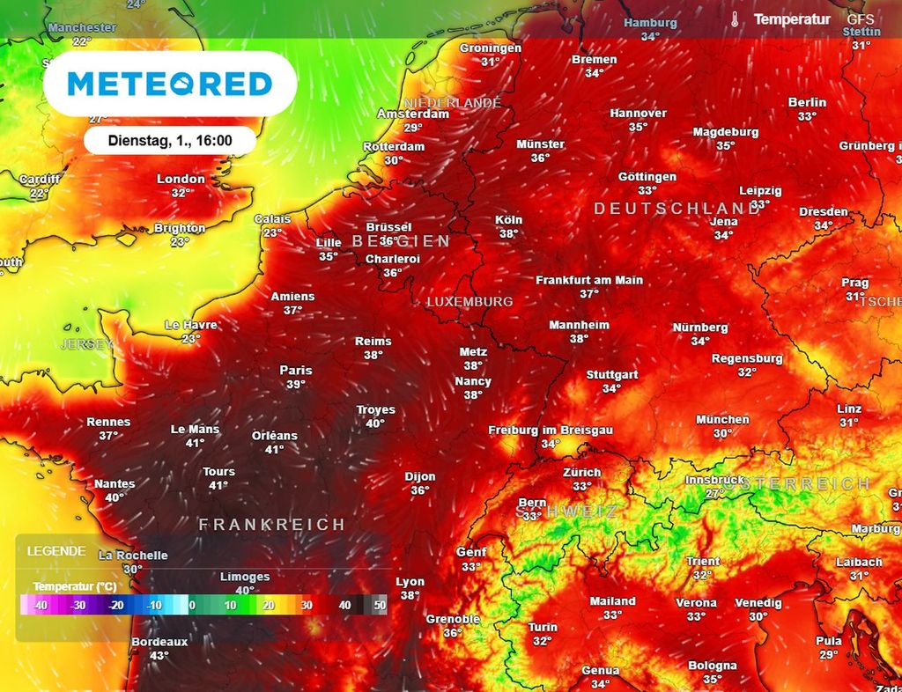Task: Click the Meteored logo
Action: pos(169,84)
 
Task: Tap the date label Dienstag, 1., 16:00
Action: pos(169,140)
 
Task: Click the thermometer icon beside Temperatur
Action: pos(736,19)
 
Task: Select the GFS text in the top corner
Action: pos(861,18)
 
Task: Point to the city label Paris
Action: pos(296,371)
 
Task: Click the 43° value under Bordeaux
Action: pos(159,655)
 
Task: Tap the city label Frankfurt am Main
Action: pos(589,280)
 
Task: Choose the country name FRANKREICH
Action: pos(271,525)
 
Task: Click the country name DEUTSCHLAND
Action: pos(676,209)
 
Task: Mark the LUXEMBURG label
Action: pos(469,301)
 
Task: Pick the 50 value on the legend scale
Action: pos(380,606)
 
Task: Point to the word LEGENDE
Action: pos(56,551)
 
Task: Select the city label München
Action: pos(722,420)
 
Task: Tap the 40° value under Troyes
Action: pos(375,423)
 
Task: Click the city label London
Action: pos(181,179)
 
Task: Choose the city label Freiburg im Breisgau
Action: pos(551,430)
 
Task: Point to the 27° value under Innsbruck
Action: pos(714,493)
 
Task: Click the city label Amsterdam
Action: pos(413,114)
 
